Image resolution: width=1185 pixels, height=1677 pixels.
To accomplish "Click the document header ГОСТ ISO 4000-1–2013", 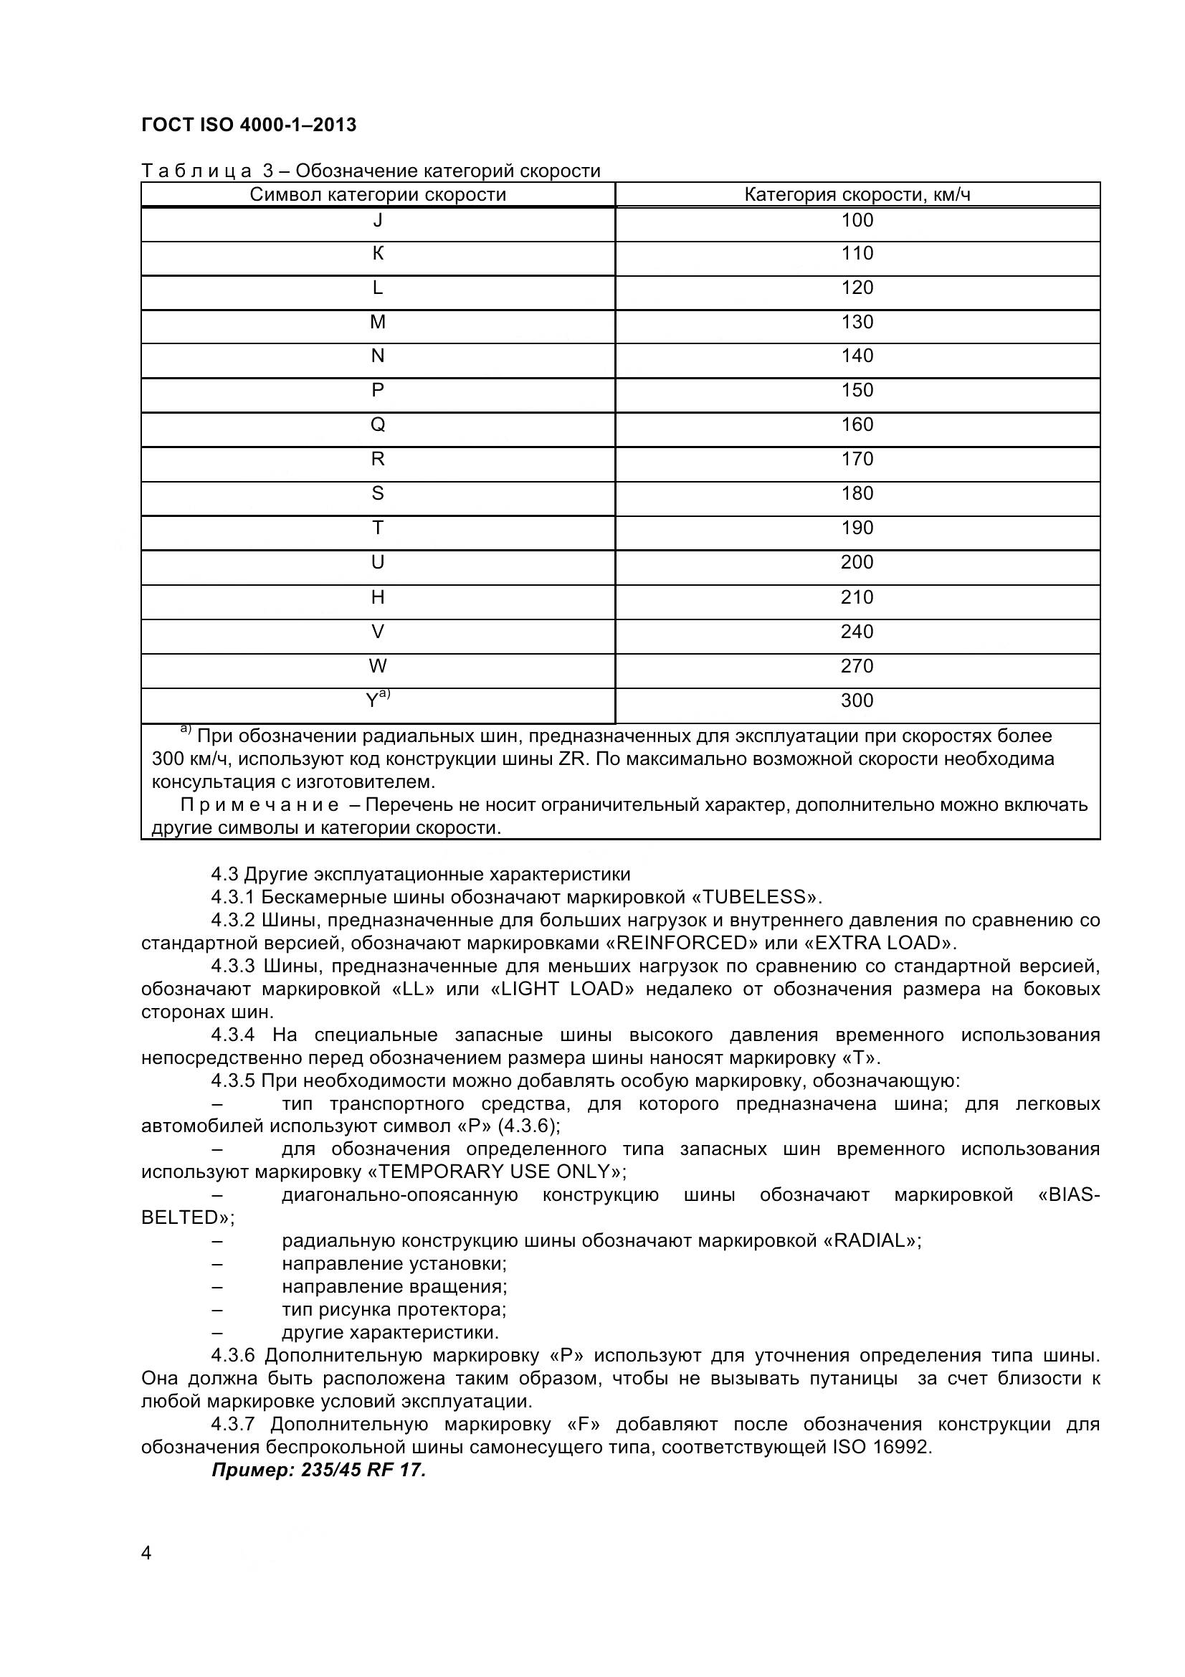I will (248, 125).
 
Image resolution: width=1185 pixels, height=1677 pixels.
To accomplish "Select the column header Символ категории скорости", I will (378, 195).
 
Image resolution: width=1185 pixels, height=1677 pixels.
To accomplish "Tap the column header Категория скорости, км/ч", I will (857, 195).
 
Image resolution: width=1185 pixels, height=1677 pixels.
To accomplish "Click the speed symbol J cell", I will (378, 220).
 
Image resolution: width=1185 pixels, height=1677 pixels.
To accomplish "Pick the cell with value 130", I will (857, 322).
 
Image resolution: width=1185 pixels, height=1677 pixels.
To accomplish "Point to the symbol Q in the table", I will (378, 425).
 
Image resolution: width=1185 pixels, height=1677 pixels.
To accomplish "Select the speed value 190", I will (857, 528).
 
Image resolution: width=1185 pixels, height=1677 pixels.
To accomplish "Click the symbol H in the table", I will (378, 597).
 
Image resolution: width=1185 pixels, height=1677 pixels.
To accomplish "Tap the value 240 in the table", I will (857, 632).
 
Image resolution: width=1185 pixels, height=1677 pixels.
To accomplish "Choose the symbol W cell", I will (378, 666).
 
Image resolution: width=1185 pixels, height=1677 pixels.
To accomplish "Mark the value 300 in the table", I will (857, 701).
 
